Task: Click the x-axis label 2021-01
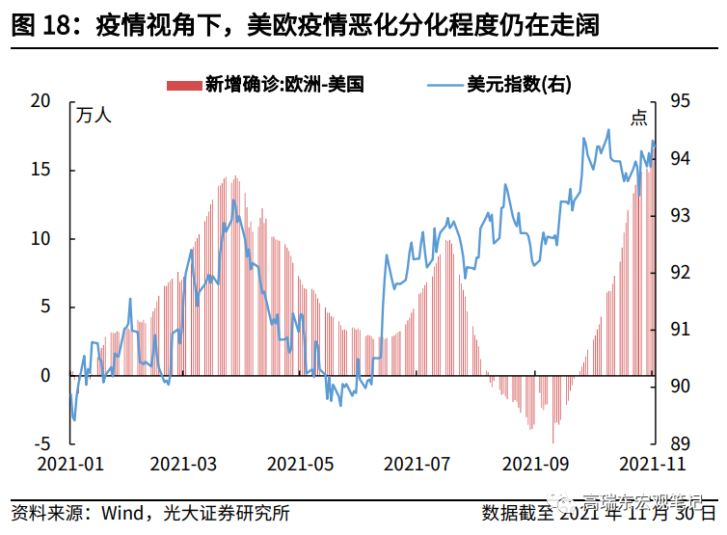pyautogui.click(x=69, y=464)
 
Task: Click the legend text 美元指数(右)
pyautogui.click(x=519, y=85)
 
